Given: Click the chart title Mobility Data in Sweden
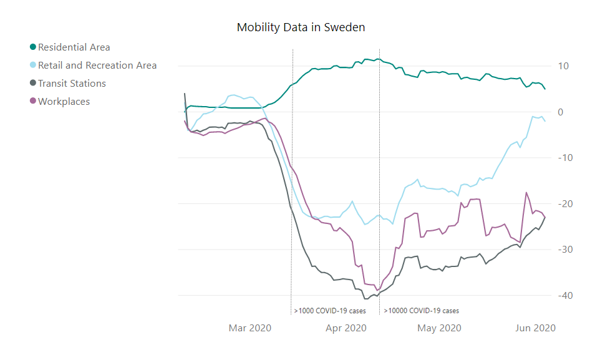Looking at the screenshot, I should click(301, 27).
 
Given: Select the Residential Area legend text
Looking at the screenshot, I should click(74, 47).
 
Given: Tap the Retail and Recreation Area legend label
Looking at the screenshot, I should click(97, 66).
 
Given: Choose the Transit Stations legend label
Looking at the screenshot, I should click(72, 84).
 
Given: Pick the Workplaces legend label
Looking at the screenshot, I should click(64, 102).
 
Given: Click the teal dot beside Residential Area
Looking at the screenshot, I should click(33, 47).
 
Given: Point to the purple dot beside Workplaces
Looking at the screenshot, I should click(33, 102).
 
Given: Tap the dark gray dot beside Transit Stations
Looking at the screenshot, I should click(33, 84).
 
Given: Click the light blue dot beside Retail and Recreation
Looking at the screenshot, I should click(33, 66).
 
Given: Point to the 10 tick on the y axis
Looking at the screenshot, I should click(563, 66).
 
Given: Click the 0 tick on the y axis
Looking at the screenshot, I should click(561, 112).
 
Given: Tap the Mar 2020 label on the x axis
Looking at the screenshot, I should click(250, 328).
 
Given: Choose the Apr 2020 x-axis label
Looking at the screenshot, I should click(345, 328).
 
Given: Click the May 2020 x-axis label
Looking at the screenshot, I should click(440, 328).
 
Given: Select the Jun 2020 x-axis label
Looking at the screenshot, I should click(535, 328).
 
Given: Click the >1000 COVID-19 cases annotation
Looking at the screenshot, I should click(330, 311).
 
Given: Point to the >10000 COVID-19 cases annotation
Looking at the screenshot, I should click(422, 311).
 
